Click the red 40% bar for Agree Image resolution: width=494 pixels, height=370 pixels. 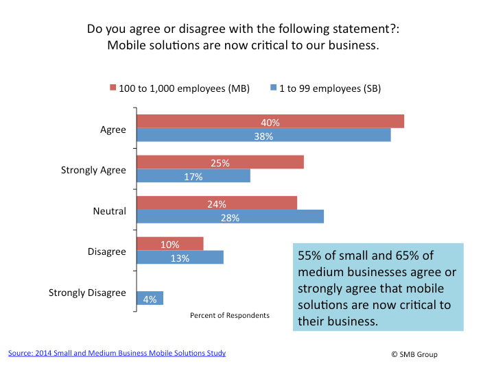270,122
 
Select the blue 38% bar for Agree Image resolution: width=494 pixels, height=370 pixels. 263,136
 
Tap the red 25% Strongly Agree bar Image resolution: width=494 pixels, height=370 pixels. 220,162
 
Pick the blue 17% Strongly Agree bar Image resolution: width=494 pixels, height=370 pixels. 193,176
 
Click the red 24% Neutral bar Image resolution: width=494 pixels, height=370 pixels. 217,203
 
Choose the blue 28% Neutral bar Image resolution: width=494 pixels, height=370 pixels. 230,217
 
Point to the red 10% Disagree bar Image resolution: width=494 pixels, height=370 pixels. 170,244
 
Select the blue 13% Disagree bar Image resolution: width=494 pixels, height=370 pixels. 180,258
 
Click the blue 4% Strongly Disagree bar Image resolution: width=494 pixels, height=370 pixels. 150,298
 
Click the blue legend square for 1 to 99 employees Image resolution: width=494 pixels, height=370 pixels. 273,88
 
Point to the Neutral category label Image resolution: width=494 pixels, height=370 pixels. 110,211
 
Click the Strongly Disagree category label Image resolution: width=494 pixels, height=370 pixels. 87,293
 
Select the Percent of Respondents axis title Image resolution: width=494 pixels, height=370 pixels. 230,315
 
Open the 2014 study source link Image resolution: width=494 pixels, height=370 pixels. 117,353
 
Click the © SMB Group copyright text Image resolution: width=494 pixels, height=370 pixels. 414,354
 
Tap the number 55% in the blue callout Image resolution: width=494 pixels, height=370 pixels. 310,256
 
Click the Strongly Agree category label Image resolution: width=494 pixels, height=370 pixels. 93,170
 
